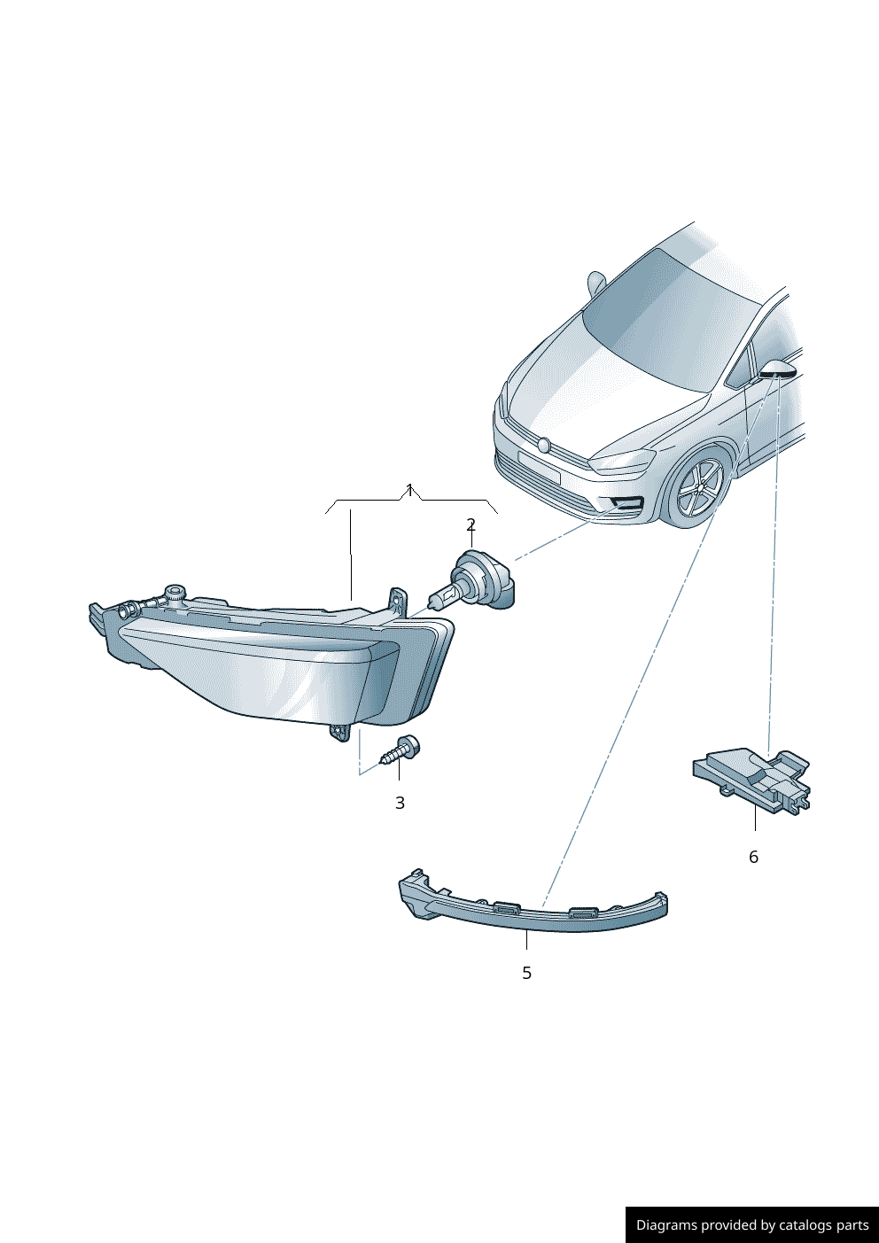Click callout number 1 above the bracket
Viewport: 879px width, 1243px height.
click(409, 490)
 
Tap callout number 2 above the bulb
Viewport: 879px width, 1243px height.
click(471, 524)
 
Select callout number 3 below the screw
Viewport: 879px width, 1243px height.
click(401, 803)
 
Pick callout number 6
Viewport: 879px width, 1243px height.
click(753, 857)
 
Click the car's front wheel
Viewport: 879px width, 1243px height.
click(699, 488)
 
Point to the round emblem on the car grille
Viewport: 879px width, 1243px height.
click(544, 445)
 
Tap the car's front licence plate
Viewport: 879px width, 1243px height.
click(538, 467)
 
